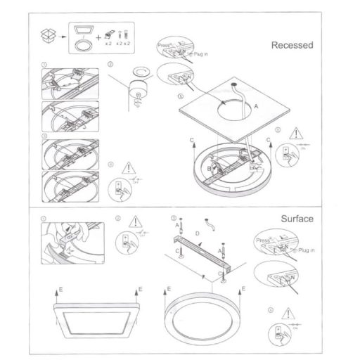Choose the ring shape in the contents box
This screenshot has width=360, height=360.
[83, 44]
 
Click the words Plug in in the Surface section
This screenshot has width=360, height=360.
[307, 250]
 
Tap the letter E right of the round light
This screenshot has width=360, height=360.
[244, 288]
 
